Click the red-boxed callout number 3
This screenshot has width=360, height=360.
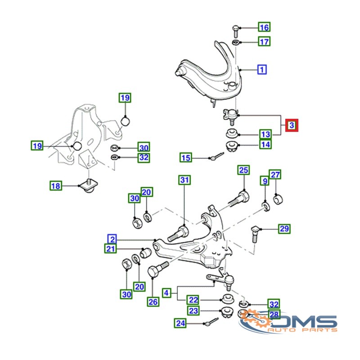(292, 126)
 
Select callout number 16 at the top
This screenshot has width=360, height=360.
(264, 27)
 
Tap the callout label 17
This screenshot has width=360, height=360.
(264, 41)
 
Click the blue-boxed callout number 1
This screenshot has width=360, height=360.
(262, 70)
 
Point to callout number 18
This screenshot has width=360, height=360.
(56, 186)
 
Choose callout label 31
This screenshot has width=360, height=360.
(184, 180)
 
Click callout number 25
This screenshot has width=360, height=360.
(243, 170)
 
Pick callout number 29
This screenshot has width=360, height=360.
(284, 229)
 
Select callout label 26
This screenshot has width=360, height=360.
(153, 301)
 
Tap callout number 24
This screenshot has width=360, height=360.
(180, 323)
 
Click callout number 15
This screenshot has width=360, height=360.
(186, 157)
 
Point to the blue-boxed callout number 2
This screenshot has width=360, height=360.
(112, 239)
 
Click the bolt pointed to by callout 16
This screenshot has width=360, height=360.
(235, 31)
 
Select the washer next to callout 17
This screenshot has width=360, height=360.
(235, 42)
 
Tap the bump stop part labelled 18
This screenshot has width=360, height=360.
(88, 185)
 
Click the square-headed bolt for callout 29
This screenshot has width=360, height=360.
(255, 234)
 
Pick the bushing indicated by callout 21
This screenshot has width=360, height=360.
(145, 253)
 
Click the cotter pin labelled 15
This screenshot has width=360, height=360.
(217, 156)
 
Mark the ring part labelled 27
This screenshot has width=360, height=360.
(278, 199)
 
